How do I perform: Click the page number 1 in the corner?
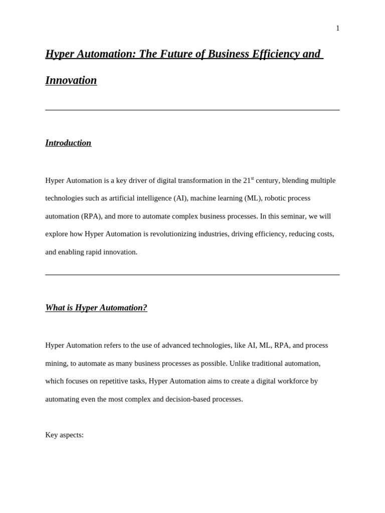coord(337,29)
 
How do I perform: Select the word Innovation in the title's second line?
coord(71,81)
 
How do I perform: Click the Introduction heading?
coord(68,143)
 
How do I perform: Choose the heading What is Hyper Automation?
coord(96,308)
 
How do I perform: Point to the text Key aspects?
coord(64,435)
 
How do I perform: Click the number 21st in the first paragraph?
coord(248,180)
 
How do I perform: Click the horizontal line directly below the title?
coord(192,110)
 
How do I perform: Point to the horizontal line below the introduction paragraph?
coord(192,275)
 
